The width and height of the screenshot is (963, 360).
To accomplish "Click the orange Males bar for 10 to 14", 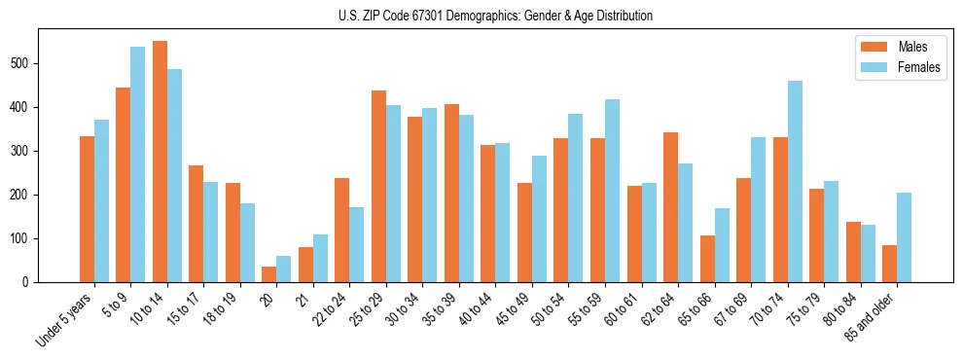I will click(160, 162).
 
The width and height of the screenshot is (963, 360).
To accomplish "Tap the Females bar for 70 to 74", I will click(795, 182).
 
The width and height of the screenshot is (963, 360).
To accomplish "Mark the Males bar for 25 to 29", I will click(378, 186).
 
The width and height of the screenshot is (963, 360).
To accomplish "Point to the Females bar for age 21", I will click(320, 258).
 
